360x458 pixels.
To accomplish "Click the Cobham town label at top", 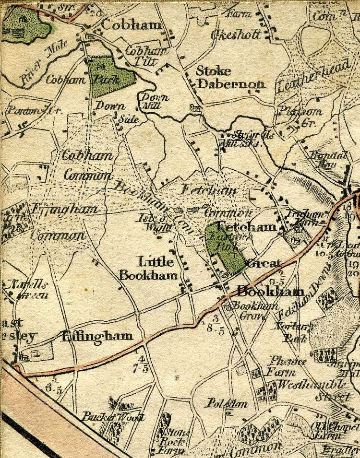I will (131, 25).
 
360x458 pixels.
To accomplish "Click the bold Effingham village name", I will (97, 336).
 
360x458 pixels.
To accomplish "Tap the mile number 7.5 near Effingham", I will (142, 368).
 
